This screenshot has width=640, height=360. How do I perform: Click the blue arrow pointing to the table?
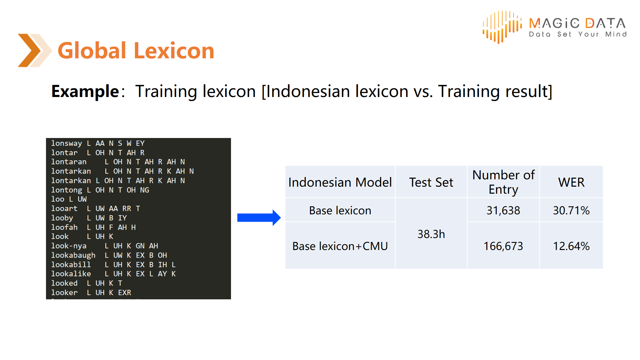[259, 218]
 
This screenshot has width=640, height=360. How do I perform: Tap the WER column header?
[571, 182]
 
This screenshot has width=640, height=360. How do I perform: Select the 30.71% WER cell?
[571, 210]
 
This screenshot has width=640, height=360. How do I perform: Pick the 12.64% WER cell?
[571, 246]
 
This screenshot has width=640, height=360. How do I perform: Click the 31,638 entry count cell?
[503, 210]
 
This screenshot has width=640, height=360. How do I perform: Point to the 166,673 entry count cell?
[503, 246]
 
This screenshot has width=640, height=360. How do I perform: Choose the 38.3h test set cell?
[431, 234]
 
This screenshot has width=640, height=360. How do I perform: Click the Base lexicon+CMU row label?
[340, 246]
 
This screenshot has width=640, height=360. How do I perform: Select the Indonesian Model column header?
[340, 182]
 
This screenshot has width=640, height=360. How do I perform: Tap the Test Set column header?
[431, 182]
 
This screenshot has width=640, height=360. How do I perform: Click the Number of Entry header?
[503, 182]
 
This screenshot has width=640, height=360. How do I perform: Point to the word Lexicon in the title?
[174, 51]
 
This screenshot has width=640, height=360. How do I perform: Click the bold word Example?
[85, 91]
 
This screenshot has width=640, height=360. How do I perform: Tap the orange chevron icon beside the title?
[35, 50]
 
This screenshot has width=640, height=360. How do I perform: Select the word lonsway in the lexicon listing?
[66, 143]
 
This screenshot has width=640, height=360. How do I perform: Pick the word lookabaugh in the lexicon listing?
[73, 255]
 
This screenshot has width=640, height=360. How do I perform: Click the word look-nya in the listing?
[69, 246]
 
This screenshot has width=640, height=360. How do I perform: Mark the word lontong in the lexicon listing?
[66, 190]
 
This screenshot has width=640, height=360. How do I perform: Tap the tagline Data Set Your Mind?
[578, 34]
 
